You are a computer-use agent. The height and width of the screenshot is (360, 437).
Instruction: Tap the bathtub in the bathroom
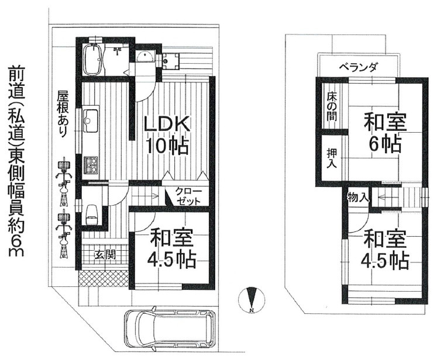(92, 58)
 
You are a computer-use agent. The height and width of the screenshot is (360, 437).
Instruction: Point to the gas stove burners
(91, 165)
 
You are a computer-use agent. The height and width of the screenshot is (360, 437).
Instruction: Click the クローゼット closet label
(187, 196)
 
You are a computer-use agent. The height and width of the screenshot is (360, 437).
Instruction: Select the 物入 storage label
(357, 198)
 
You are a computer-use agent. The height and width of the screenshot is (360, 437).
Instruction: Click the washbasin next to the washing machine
(144, 57)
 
